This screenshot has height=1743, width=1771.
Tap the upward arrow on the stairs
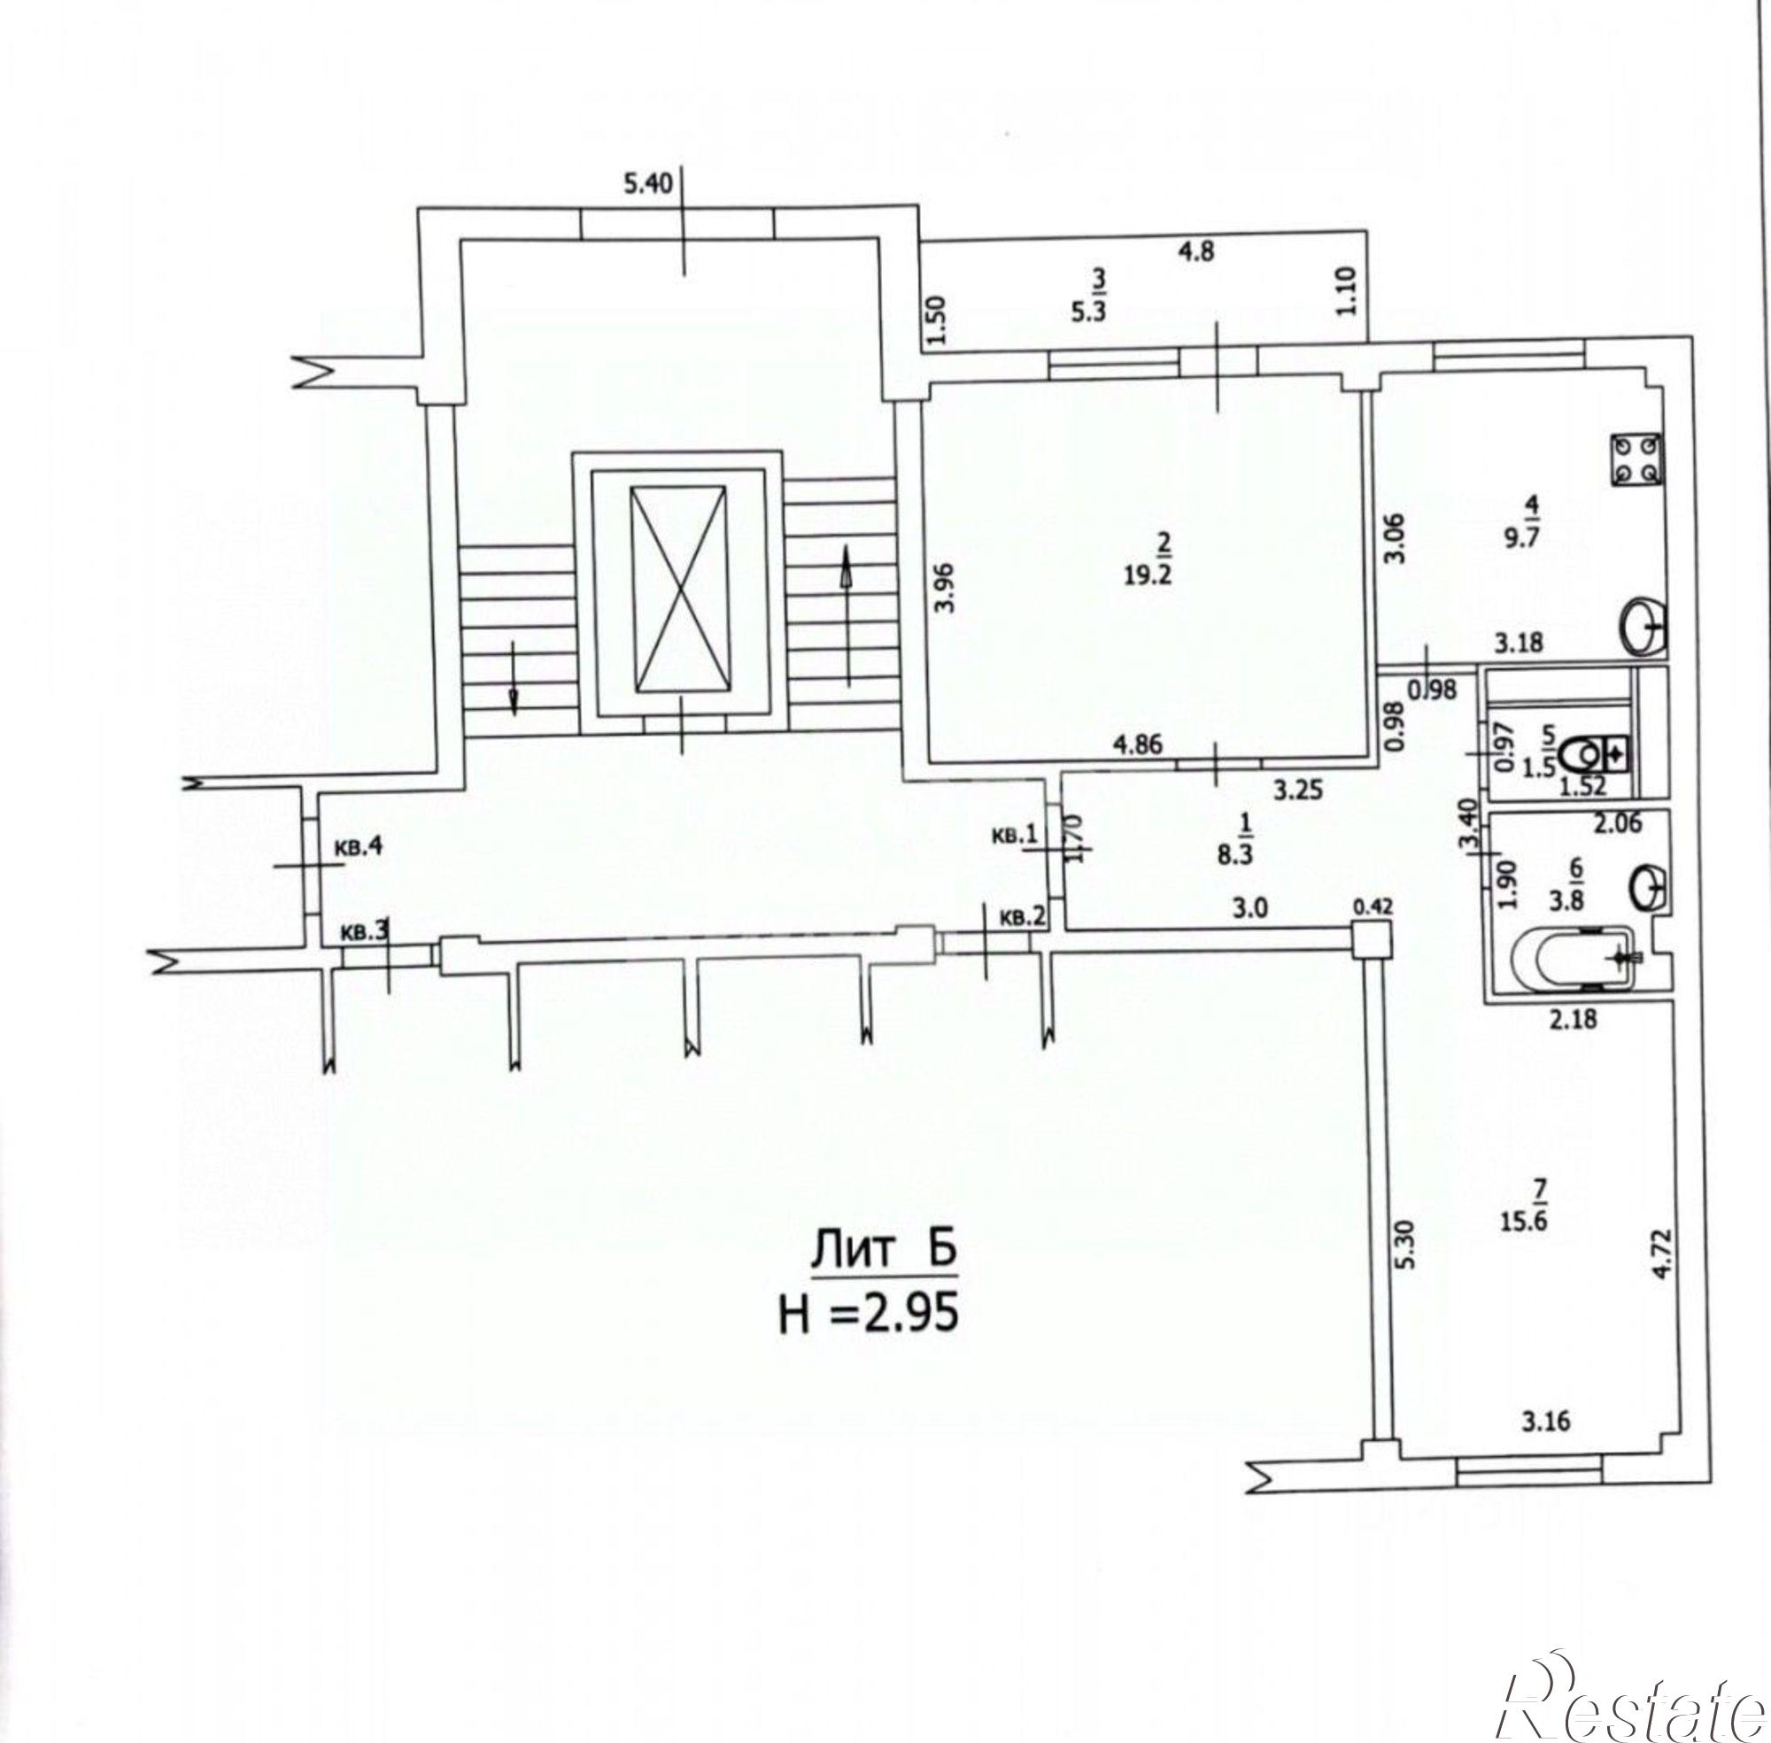(x=847, y=614)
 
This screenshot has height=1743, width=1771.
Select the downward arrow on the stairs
(x=514, y=677)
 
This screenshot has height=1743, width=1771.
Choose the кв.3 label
(x=365, y=932)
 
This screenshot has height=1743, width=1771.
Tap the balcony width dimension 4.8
(x=1196, y=251)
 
